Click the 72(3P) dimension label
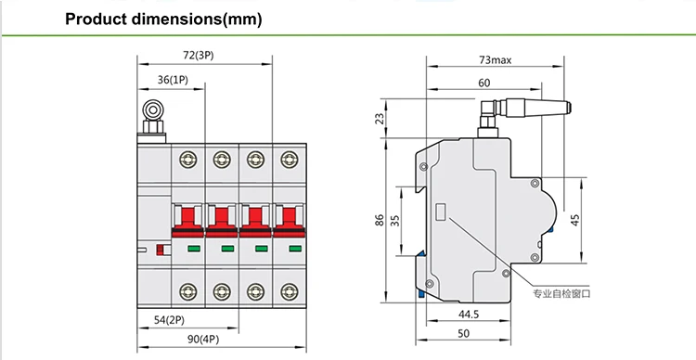pyautogui.click(x=199, y=56)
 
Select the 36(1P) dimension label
pyautogui.click(x=174, y=80)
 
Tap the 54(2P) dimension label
pyautogui.click(x=169, y=320)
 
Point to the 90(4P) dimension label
pyautogui.click(x=203, y=340)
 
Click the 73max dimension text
pyautogui.click(x=495, y=59)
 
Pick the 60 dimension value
pyautogui.click(x=484, y=83)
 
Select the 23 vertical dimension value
pyautogui.click(x=380, y=119)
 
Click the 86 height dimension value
pyautogui.click(x=379, y=220)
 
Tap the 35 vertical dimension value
pyautogui.click(x=394, y=220)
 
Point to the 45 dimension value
pyautogui.click(x=574, y=220)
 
